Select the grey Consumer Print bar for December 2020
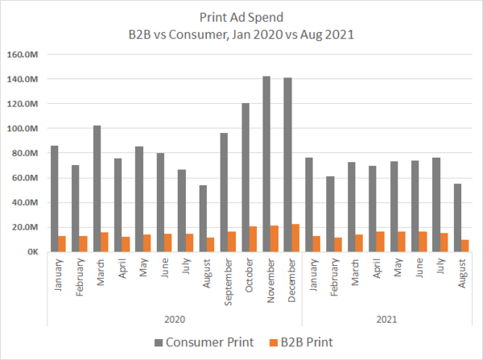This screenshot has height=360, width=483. pyautogui.click(x=288, y=164)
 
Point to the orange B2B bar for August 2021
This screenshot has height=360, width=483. pyautogui.click(x=465, y=246)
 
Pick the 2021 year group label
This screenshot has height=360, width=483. pyautogui.click(x=385, y=320)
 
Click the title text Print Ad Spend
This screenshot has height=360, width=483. pyautogui.click(x=242, y=16)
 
